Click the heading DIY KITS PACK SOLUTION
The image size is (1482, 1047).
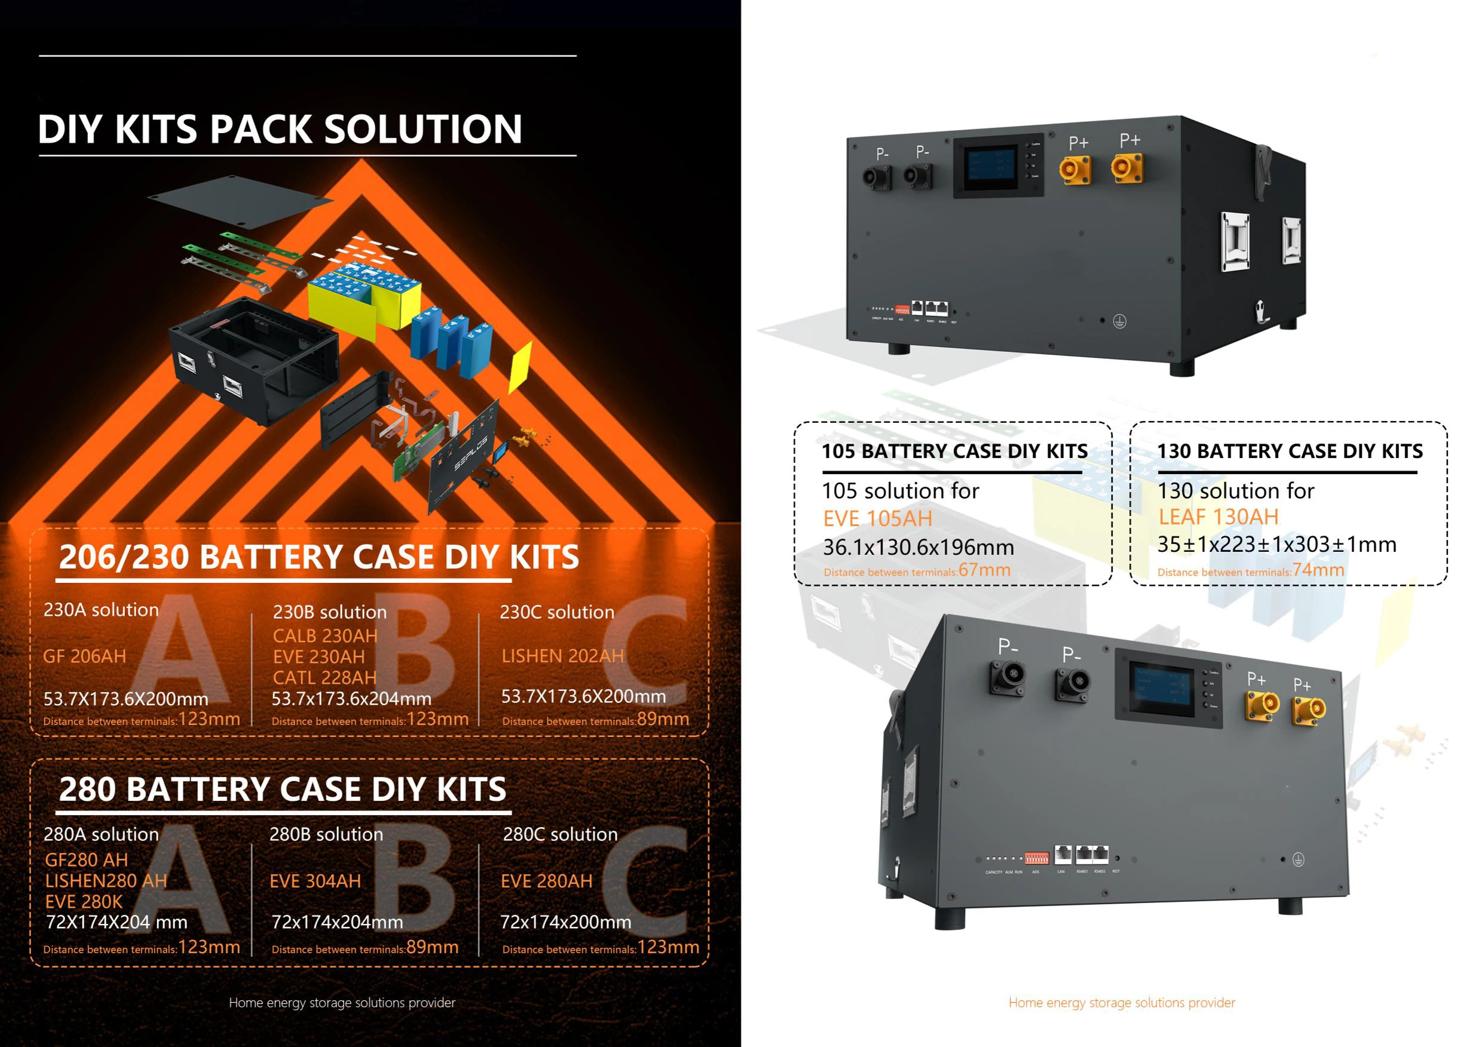(280, 129)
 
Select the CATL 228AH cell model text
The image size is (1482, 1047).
(324, 677)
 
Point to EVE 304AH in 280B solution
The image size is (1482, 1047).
(315, 880)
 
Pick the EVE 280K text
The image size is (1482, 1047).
(83, 901)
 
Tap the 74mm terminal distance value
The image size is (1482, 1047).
(1318, 570)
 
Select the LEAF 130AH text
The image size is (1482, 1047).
(1218, 517)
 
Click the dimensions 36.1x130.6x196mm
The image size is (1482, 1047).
(918, 547)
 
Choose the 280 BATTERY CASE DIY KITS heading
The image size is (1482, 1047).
(283, 789)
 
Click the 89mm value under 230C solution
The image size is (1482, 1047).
(663, 719)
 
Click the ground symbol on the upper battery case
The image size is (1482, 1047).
(1119, 321)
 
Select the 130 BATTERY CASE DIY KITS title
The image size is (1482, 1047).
(1289, 451)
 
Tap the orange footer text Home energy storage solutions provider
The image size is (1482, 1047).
(1121, 1002)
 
